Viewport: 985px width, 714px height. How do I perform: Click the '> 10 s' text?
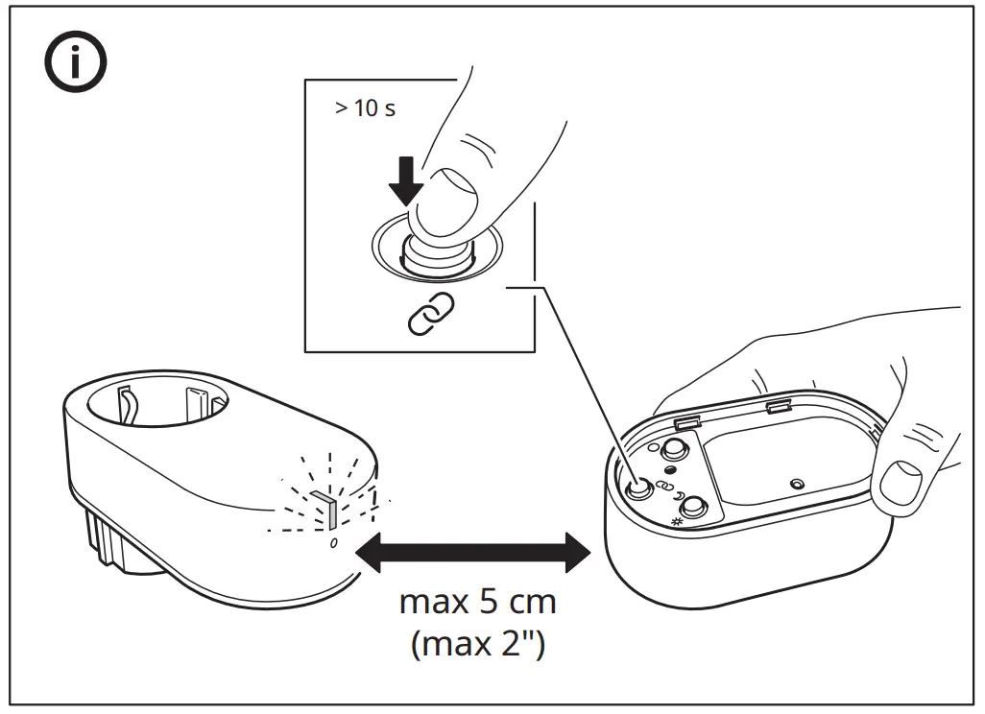pos(365,107)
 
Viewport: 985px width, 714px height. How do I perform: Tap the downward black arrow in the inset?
pos(408,178)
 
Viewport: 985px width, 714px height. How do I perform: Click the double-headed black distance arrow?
pos(471,551)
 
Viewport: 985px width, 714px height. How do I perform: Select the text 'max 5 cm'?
pos(477,604)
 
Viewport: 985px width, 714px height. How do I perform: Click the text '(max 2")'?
pos(477,643)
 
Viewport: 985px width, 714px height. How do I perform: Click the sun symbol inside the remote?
pos(677,522)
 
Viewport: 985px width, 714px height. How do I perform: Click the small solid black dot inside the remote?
pos(670,469)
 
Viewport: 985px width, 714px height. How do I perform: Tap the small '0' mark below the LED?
pos(333,543)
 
